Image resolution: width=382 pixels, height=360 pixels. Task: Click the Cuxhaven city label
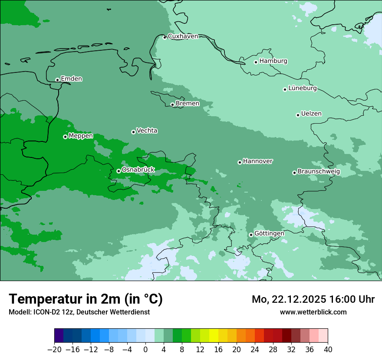pyautogui.click(x=183, y=36)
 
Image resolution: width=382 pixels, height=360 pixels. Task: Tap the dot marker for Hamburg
pyautogui.click(x=256, y=62)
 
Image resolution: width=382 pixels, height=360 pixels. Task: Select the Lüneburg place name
pyautogui.click(x=302, y=88)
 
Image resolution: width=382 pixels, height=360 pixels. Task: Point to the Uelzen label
pyautogui.click(x=311, y=114)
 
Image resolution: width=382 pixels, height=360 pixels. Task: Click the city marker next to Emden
pyautogui.click(x=57, y=80)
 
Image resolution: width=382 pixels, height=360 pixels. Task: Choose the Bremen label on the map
pyautogui.click(x=188, y=103)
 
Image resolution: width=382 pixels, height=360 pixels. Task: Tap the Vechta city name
pyautogui.click(x=147, y=131)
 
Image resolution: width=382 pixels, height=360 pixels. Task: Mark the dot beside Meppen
pyautogui.click(x=65, y=137)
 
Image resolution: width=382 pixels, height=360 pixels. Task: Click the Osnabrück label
pyautogui.click(x=138, y=170)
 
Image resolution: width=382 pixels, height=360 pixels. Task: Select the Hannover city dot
pyautogui.click(x=240, y=162)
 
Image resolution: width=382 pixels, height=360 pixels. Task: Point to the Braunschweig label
pyautogui.click(x=319, y=171)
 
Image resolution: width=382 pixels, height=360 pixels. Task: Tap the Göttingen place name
pyautogui.click(x=269, y=233)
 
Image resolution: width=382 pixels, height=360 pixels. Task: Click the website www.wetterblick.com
pyautogui.click(x=313, y=312)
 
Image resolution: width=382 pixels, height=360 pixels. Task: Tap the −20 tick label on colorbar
pyautogui.click(x=55, y=350)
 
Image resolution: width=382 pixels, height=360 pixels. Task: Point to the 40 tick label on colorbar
pyautogui.click(x=328, y=350)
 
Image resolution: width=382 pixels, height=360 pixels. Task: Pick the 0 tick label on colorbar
pyautogui.click(x=145, y=350)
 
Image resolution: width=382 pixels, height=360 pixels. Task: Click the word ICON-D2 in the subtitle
pyautogui.click(x=46, y=312)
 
